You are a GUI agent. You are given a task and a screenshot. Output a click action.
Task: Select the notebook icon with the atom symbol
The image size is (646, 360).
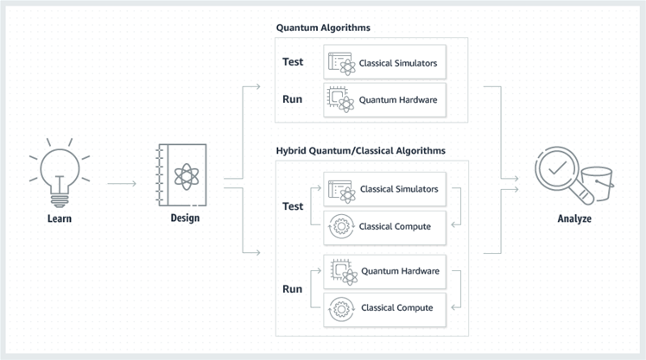click(185, 174)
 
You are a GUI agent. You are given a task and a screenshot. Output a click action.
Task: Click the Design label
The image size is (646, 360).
click(185, 218)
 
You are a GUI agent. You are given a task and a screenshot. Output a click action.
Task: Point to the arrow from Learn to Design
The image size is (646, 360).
click(122, 183)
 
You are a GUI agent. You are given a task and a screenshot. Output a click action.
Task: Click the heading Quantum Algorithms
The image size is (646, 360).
click(323, 28)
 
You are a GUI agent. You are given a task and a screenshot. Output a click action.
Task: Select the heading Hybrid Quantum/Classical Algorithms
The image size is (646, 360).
click(360, 150)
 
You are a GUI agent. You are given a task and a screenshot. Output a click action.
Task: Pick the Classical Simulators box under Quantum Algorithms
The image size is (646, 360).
click(384, 63)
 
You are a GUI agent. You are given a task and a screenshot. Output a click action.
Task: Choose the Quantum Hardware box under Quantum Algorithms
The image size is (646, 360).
click(384, 100)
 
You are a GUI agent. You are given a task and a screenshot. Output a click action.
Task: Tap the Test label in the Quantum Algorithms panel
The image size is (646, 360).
click(294, 62)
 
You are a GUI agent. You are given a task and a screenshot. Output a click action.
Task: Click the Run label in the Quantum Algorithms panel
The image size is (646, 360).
click(292, 99)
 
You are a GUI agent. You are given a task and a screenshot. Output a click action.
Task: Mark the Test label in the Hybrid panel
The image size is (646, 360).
click(294, 207)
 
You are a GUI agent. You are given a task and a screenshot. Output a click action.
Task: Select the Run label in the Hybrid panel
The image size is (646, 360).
click(292, 288)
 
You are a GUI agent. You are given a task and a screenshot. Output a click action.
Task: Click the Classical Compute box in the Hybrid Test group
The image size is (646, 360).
click(384, 226)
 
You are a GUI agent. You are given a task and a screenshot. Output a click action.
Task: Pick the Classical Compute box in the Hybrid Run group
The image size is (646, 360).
click(384, 307)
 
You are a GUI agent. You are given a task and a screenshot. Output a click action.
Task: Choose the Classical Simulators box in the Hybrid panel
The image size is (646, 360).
click(384, 189)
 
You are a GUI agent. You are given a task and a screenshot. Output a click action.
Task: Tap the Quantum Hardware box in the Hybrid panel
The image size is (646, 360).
click(384, 271)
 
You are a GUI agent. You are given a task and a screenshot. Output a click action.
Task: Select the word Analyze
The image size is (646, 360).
click(573, 219)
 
